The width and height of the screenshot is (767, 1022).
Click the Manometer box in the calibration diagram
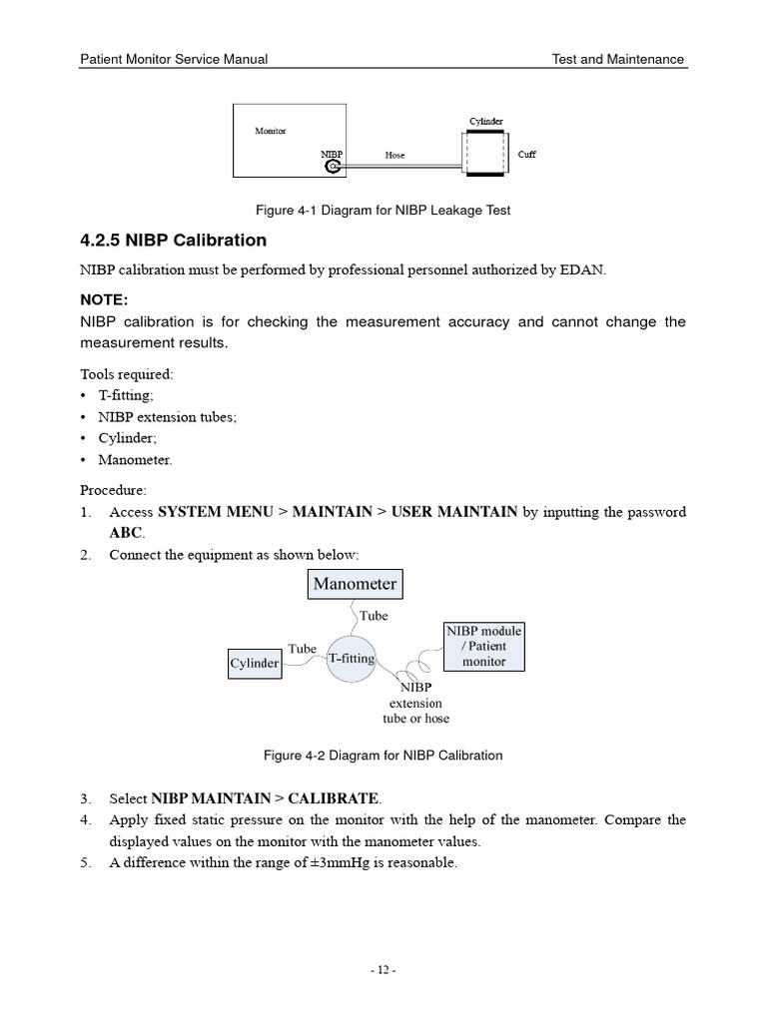355,584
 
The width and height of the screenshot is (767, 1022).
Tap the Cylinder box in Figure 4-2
255,663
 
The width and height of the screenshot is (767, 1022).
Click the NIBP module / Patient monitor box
483,646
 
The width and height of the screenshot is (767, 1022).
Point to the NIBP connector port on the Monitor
334,167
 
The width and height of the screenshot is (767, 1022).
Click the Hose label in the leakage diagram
394,156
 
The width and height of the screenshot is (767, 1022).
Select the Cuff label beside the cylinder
526,155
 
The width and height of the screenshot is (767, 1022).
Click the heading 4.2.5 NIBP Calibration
173,241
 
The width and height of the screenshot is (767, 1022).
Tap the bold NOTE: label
105,299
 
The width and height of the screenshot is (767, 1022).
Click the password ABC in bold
126,532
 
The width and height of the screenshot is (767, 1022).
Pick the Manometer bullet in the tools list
135,460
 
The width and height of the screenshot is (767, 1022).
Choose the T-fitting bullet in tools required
126,395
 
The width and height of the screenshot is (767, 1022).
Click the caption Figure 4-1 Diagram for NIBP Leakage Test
383,211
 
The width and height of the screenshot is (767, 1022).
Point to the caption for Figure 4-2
383,756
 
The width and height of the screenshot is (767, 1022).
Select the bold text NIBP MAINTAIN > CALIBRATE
265,798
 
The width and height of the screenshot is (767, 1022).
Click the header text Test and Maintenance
618,59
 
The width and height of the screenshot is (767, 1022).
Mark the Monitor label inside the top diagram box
270,131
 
